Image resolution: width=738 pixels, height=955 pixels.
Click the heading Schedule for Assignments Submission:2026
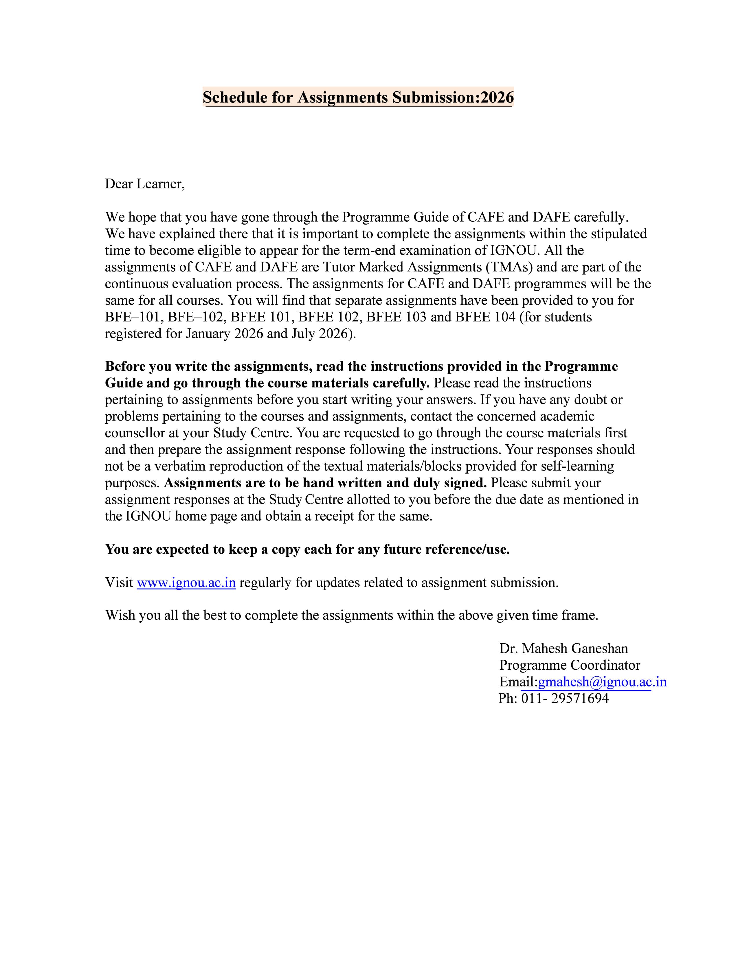pyautogui.click(x=358, y=97)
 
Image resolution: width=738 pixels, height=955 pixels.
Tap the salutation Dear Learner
pyautogui.click(x=145, y=184)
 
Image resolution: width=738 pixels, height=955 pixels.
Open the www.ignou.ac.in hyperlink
pyautogui.click(x=186, y=583)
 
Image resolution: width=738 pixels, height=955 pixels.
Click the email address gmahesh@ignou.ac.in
pyautogui.click(x=602, y=682)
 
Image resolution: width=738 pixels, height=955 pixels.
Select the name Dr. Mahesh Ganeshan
pyautogui.click(x=563, y=649)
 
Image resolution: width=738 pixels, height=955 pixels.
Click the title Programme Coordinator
pyautogui.click(x=570, y=665)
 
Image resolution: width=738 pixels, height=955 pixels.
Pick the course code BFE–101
pyautogui.click(x=133, y=317)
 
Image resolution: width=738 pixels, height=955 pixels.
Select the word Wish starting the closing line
pyautogui.click(x=120, y=616)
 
